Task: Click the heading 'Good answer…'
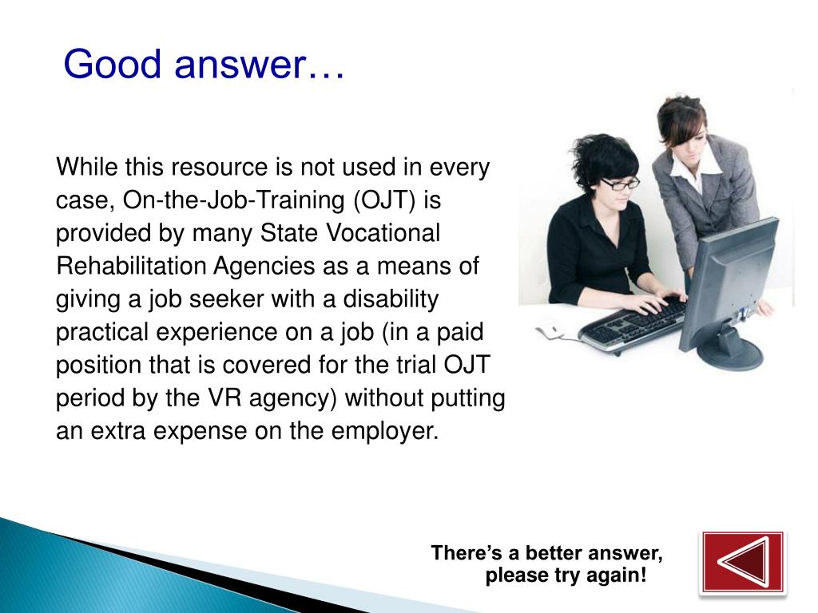[x=204, y=64]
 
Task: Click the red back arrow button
[x=742, y=562]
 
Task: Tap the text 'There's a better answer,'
[x=546, y=553]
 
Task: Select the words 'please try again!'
[x=566, y=576]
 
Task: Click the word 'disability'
[x=391, y=299]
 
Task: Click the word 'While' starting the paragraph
[x=82, y=168]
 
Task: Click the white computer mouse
[x=550, y=327]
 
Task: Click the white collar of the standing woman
[x=685, y=168]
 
